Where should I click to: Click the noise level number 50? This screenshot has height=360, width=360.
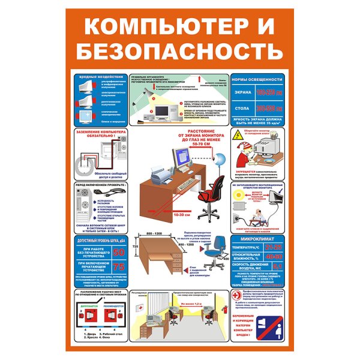pos(119,252)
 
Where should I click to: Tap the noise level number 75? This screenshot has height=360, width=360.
pos(119,267)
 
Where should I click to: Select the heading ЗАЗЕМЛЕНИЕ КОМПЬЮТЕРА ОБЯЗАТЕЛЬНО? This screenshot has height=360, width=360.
pos(98,134)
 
